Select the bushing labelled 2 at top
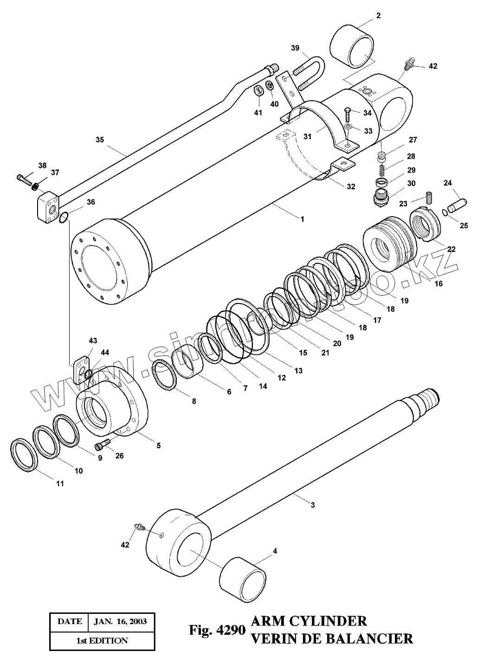352,46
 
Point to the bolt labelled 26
101,445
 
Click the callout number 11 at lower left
60,483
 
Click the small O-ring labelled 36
64,216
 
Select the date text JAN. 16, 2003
120,621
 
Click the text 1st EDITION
102,641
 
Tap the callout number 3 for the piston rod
313,505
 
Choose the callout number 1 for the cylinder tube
303,219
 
